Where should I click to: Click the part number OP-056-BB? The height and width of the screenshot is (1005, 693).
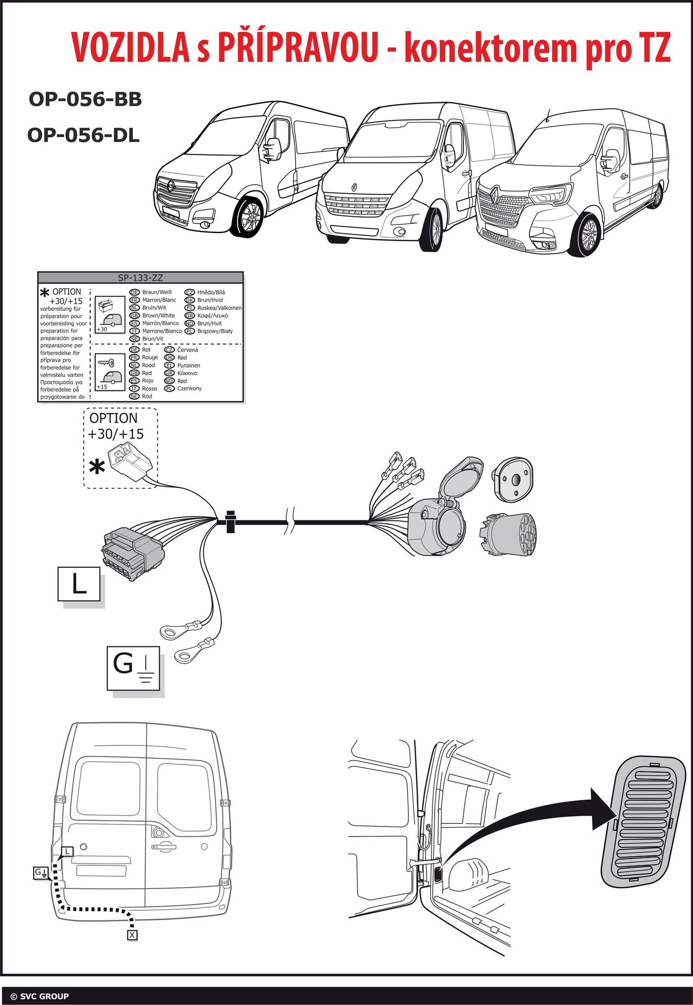pyautogui.click(x=85, y=99)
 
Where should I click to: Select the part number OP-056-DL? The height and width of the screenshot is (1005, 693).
pyautogui.click(x=84, y=136)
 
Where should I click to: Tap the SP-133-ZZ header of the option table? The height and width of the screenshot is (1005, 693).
pyautogui.click(x=140, y=278)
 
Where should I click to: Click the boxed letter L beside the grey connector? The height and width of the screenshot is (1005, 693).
pyautogui.click(x=79, y=584)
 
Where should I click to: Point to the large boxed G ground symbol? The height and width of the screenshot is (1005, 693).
pyautogui.click(x=133, y=668)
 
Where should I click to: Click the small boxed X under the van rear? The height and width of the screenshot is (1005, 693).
pyautogui.click(x=132, y=935)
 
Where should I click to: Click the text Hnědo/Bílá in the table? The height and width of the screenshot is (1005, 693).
pyautogui.click(x=211, y=292)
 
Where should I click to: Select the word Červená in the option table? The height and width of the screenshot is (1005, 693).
pyautogui.click(x=187, y=350)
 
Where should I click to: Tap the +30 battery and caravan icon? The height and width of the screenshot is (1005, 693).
pyautogui.click(x=110, y=315)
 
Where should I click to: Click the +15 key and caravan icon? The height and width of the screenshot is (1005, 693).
pyautogui.click(x=110, y=372)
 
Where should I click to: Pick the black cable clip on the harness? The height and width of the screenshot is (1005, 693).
pyautogui.click(x=230, y=521)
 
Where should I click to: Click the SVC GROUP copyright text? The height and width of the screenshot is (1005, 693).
pyautogui.click(x=40, y=996)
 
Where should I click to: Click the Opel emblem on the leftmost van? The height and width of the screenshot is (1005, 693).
pyautogui.click(x=171, y=185)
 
